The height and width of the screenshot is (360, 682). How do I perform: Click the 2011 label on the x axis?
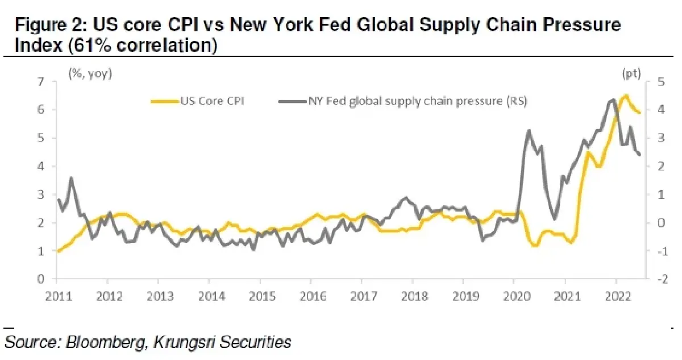coord(57,296)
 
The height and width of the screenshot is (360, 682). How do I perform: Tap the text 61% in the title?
coord(86,45)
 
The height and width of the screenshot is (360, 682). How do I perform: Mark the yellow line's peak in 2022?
coord(626,96)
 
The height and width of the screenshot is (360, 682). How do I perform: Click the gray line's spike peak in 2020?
coord(529,131)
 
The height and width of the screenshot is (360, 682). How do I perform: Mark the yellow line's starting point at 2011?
coord(57,251)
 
